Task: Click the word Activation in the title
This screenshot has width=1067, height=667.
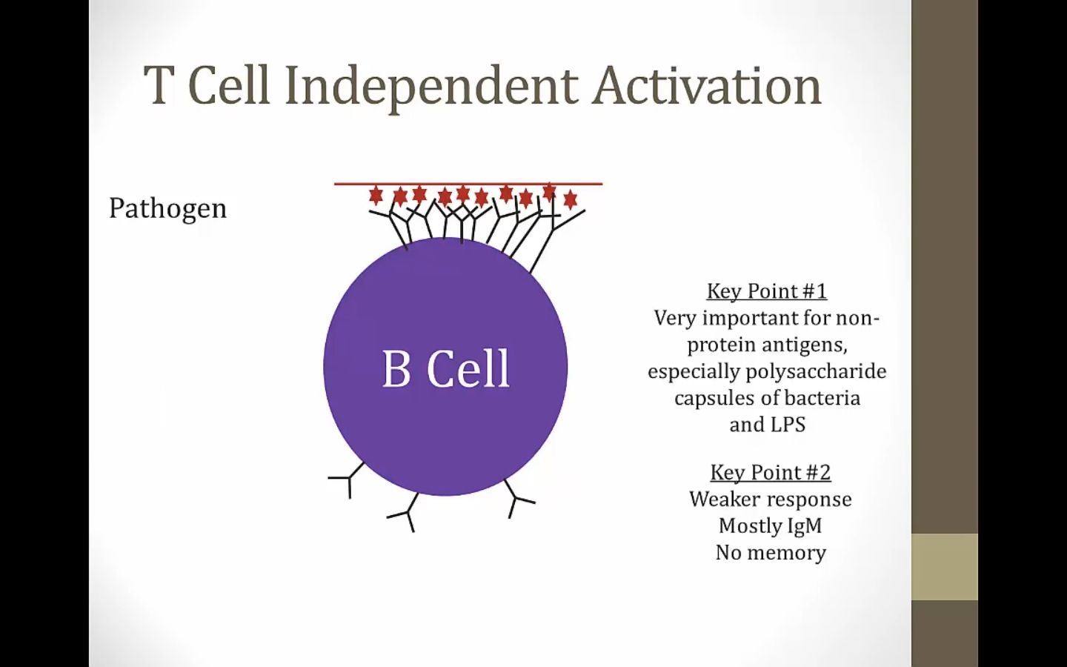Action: [706, 86]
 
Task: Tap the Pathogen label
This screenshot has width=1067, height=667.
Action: [167, 209]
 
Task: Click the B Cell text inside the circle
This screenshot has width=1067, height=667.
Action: [446, 368]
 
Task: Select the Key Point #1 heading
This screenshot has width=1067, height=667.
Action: [767, 291]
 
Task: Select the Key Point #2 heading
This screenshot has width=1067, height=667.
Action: [771, 473]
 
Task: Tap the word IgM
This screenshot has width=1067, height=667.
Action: [805, 526]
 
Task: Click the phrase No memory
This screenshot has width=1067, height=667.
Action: [771, 553]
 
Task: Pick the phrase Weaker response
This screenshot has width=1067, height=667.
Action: [771, 500]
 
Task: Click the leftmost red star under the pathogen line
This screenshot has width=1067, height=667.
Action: [376, 196]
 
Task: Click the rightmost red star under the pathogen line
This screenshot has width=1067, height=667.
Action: [571, 199]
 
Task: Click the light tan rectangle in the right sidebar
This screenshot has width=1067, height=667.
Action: [945, 567]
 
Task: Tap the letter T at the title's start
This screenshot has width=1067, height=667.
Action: [158, 86]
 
